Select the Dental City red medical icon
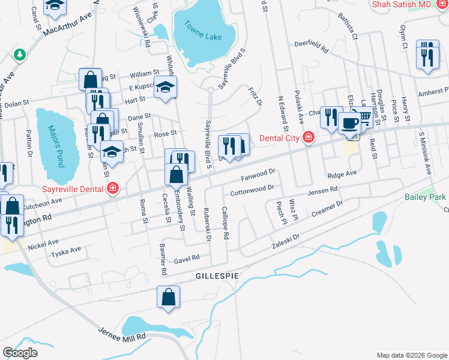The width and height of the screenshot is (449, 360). (x=309, y=137)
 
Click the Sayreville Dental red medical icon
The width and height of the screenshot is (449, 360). (x=112, y=189)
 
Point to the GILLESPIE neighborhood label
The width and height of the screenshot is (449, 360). (x=217, y=275)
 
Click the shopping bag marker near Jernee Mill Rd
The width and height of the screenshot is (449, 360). (x=169, y=296)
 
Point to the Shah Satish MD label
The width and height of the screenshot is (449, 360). (x=402, y=4)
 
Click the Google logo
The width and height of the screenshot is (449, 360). (x=20, y=353)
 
